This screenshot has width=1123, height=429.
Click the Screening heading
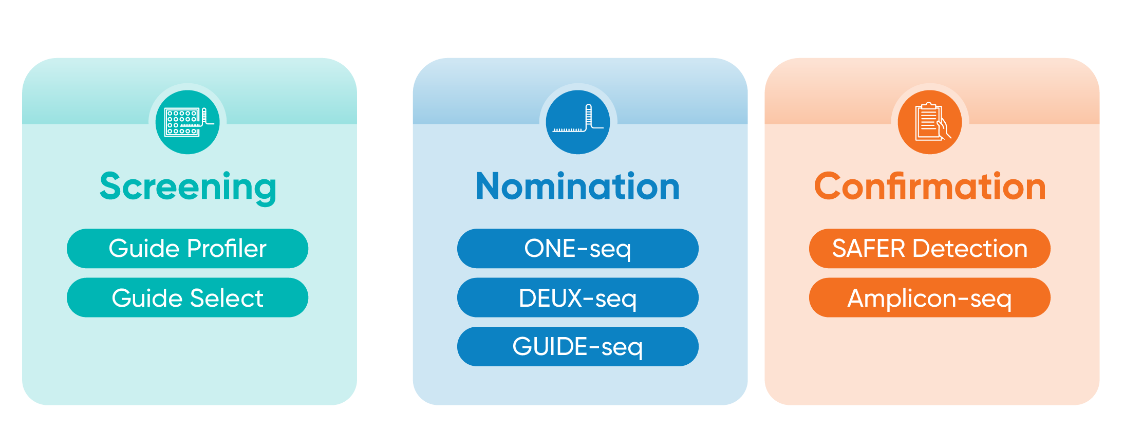click(x=188, y=186)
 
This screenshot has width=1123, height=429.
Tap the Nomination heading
click(x=578, y=186)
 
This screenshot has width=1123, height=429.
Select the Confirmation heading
click(x=930, y=186)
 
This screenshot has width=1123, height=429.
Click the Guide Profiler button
click(x=188, y=249)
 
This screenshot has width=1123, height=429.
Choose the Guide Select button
click(x=188, y=298)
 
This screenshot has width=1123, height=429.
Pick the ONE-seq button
click(x=577, y=249)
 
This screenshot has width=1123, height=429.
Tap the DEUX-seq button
click(x=577, y=298)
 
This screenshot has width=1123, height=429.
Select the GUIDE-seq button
click(x=577, y=347)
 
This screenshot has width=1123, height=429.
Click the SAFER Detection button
click(x=929, y=249)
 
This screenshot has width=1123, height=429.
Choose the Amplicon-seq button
click(x=929, y=298)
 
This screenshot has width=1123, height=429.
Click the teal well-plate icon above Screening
click(x=188, y=122)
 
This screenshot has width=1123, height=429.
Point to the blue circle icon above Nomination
click(x=578, y=122)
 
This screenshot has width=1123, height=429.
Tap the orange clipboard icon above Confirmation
click(x=930, y=122)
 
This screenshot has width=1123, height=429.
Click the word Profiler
click(x=227, y=249)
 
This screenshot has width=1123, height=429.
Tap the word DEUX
click(x=550, y=298)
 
